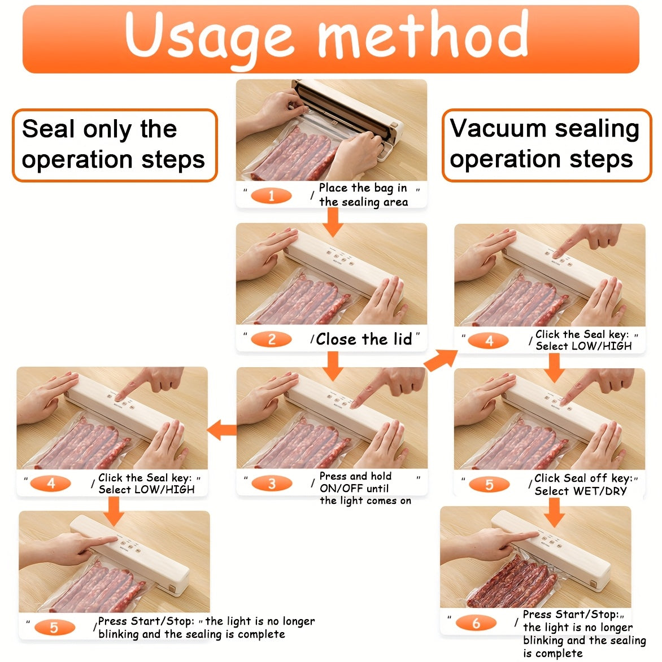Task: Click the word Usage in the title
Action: (x=209, y=37)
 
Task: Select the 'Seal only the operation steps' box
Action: (x=115, y=145)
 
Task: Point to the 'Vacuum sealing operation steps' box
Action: (x=547, y=145)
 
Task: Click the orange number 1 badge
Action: (x=271, y=196)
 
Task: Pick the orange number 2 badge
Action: (x=271, y=339)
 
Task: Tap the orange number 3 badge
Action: (x=272, y=484)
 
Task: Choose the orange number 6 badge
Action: (x=476, y=623)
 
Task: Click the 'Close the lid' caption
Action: (x=364, y=339)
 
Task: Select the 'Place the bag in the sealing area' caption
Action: (x=364, y=195)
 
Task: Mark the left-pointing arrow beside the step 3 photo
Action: (x=222, y=430)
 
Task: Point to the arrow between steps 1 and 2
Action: (x=333, y=222)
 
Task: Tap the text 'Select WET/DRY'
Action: (x=581, y=491)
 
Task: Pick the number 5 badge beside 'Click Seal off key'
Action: (x=489, y=484)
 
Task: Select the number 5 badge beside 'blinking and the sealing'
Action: (x=54, y=628)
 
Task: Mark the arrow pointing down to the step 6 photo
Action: (x=554, y=512)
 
